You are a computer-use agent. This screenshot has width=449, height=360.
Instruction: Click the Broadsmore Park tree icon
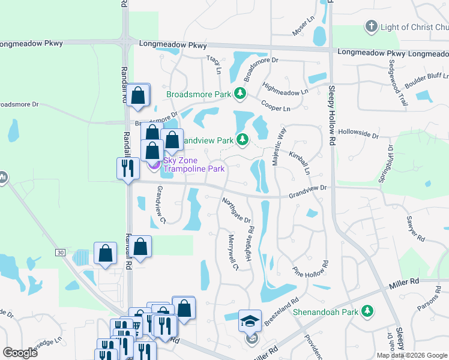point(241,93)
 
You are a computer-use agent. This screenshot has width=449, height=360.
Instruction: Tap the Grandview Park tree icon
point(243,140)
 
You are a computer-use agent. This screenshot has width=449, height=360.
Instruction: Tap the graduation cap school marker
point(250,320)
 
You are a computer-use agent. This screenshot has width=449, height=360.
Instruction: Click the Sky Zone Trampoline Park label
point(194,164)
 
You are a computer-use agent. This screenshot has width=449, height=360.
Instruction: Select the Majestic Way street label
point(279,143)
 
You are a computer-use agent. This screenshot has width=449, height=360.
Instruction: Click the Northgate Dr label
point(236,210)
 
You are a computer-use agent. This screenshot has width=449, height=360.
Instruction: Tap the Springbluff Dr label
point(393,163)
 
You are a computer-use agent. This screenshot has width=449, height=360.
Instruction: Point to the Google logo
point(20,353)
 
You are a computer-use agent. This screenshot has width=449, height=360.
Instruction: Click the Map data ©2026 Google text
point(412,355)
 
